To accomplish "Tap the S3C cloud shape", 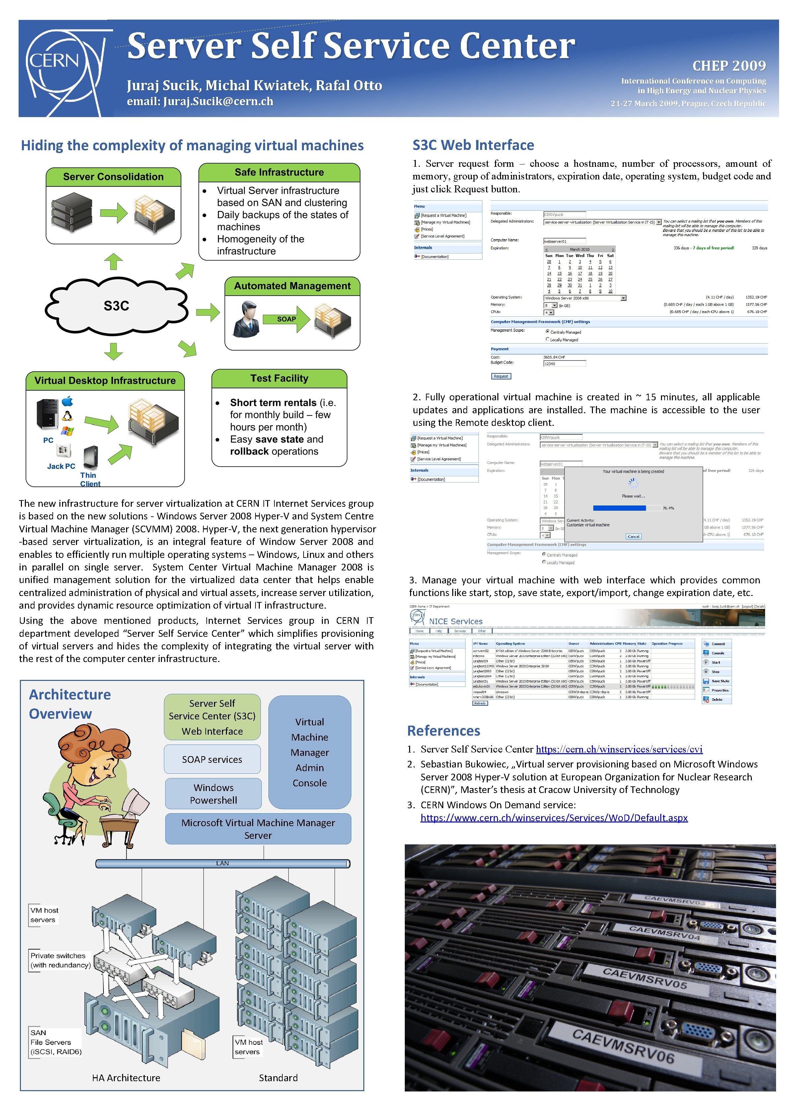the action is pos(117,306).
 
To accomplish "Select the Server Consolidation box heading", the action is pos(113,177).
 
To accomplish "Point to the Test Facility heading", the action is pos(279,378).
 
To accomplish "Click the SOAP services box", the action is pos(212,759).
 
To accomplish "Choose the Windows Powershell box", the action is pos(213,794).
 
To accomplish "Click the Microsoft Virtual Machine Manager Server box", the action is pos(258,829).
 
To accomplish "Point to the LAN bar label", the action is pos(223,863).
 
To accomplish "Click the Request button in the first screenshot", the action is pos(501,376).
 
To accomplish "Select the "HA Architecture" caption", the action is pos(126,1078).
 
